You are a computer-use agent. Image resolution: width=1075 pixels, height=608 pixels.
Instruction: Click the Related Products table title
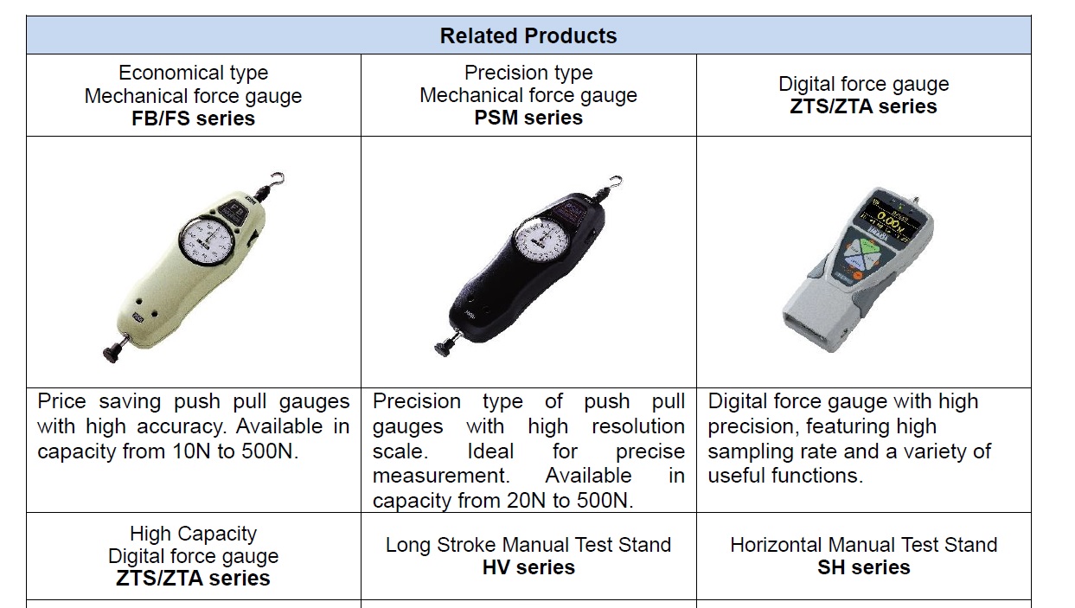[528, 35]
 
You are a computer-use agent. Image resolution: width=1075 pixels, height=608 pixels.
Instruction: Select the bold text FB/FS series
[193, 118]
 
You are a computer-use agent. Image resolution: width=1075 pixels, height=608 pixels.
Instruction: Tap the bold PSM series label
[528, 118]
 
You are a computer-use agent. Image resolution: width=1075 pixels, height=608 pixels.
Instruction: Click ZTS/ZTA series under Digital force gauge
[863, 106]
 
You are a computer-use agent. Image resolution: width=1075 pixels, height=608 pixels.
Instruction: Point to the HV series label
[528, 567]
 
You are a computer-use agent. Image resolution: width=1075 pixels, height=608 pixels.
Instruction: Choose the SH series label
[863, 567]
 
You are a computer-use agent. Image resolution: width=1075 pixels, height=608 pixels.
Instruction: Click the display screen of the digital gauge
[889, 221]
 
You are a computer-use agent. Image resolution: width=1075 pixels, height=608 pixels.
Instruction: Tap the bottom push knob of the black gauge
[444, 348]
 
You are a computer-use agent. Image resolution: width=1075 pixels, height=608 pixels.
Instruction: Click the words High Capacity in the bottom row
[193, 534]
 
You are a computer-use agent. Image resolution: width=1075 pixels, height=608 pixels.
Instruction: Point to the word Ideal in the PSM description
[490, 451]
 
